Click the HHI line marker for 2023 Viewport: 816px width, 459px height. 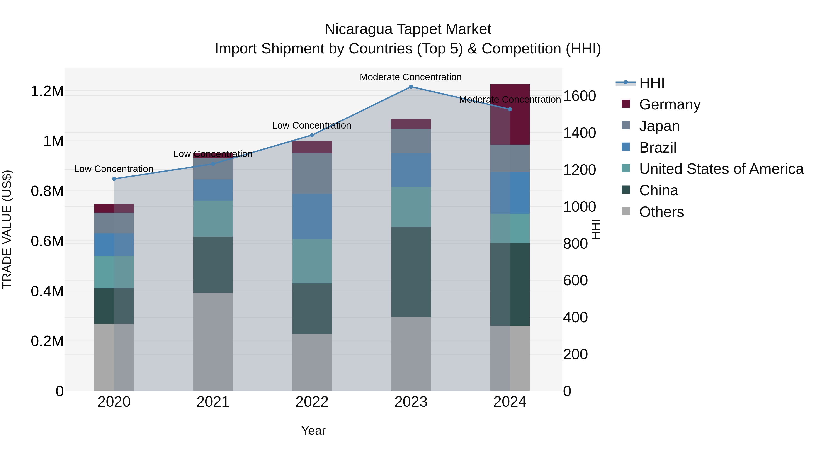411,87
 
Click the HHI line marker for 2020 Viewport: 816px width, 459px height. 114,179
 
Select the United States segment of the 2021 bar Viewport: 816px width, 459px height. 213,219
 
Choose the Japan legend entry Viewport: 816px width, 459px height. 659,126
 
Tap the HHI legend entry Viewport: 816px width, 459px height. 651,83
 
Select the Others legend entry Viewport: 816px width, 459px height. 661,212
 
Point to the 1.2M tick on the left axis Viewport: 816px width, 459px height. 47,91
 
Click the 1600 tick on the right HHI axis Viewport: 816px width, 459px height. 579,96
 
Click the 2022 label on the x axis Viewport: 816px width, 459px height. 312,402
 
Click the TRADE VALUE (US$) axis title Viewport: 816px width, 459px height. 7,229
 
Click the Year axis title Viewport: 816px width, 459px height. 313,430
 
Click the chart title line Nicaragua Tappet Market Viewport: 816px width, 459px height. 408,29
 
